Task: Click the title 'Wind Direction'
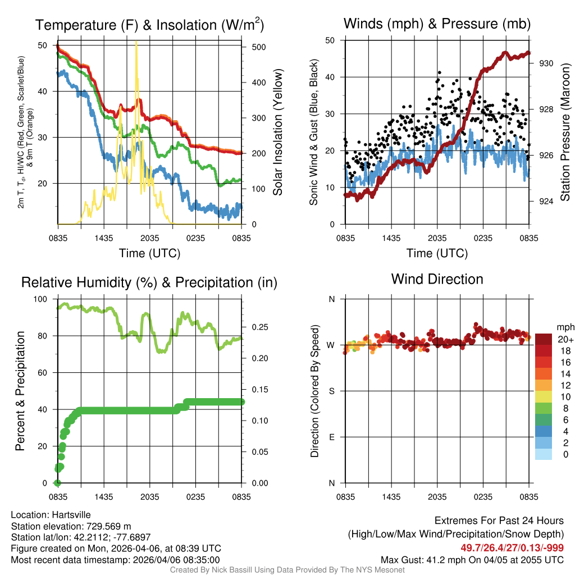[x=437, y=279]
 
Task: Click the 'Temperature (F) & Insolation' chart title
[x=149, y=25]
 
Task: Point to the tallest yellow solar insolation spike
[x=136, y=43]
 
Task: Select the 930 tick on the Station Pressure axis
[x=546, y=63]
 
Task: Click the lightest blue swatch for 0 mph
[x=544, y=455]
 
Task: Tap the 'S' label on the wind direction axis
[x=332, y=391]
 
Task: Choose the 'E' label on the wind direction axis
[x=332, y=437]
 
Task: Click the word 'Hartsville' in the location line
[x=71, y=515]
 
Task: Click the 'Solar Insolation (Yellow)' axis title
[x=277, y=132]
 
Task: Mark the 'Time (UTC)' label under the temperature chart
[x=149, y=253]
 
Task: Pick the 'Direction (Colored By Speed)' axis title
[x=314, y=391]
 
